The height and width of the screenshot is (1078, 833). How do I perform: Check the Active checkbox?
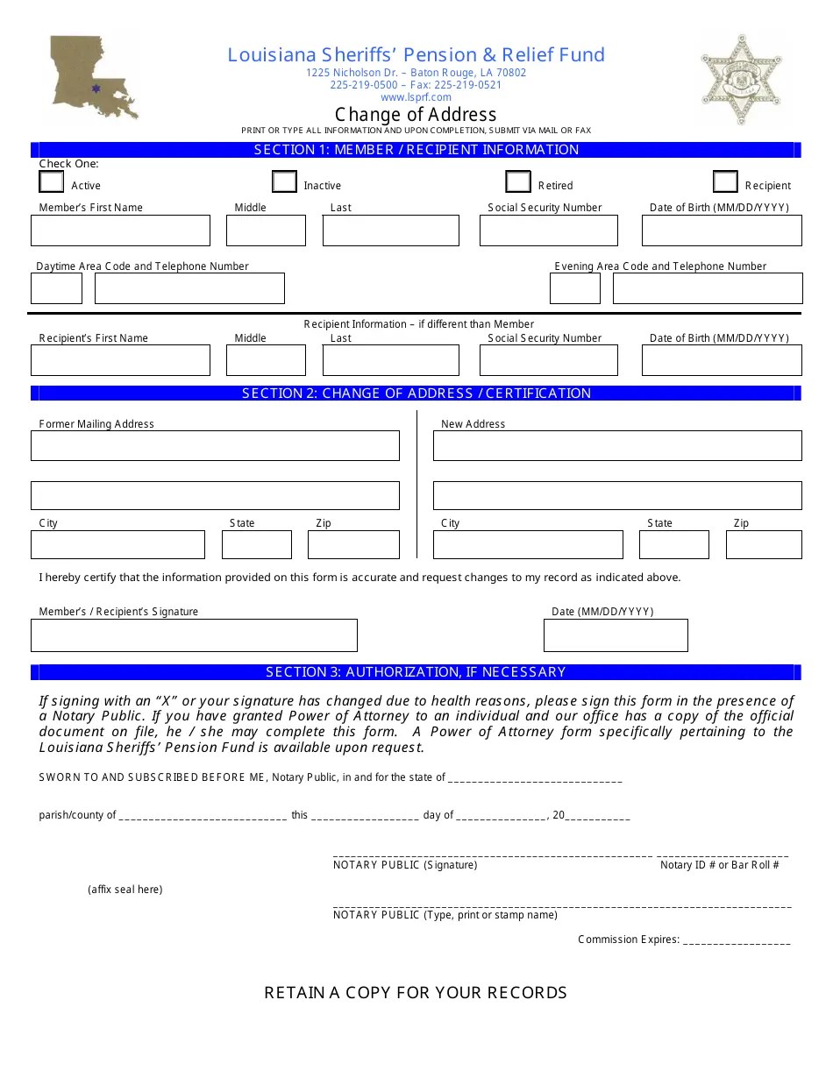52,181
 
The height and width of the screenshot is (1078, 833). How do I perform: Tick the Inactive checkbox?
284,181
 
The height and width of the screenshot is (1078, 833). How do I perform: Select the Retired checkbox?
518,181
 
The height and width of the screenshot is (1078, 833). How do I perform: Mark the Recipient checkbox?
725,181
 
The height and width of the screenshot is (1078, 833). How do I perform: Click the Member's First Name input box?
120,230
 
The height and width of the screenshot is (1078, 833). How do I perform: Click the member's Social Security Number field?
548,230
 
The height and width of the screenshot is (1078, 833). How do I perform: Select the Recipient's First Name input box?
120,360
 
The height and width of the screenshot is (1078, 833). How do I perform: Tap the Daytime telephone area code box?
56,288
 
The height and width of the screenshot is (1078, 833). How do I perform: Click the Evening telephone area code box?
575,288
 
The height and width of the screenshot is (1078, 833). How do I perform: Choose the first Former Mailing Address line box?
215,445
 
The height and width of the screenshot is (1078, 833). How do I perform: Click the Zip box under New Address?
763,544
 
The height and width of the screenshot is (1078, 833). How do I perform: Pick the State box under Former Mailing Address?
256,544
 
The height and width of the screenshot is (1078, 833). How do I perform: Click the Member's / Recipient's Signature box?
194,635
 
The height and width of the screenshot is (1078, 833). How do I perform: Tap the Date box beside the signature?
616,635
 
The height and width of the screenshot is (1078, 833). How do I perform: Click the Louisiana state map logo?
93,76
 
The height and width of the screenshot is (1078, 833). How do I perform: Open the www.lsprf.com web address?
416,97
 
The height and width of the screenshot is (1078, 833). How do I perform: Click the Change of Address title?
416,115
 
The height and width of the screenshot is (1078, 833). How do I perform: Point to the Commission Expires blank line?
736,940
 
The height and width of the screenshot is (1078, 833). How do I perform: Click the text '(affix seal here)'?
125,890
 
